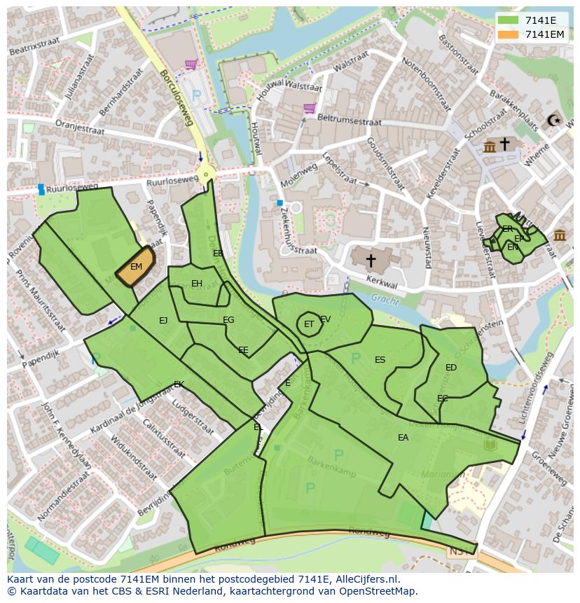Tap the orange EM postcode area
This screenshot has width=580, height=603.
point(136,267)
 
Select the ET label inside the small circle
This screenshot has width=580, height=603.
point(308,324)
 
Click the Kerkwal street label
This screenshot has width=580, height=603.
point(382,282)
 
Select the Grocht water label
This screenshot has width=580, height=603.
point(385,300)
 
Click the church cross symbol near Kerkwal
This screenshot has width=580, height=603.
point(371,261)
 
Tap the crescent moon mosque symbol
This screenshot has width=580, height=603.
point(557,120)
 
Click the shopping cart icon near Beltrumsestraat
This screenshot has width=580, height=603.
point(309,108)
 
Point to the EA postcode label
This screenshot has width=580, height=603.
point(403,438)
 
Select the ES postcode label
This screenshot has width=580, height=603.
point(380,360)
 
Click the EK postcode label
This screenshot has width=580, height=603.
point(179,384)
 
